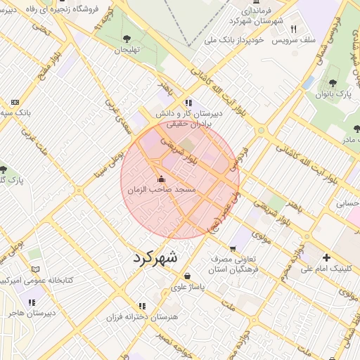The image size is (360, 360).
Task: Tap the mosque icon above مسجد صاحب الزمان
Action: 162,179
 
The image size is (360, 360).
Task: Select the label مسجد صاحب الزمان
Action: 165,191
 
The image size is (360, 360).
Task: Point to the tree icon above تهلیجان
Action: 127,39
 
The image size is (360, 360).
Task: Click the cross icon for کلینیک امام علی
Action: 326,257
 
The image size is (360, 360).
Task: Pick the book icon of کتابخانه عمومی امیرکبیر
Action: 36,269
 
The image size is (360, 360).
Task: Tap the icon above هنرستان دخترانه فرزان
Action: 143,306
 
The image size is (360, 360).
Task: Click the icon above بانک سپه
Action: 14,102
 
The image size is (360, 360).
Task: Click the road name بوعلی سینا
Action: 103,169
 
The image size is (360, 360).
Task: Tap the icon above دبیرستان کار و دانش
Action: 188,103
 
